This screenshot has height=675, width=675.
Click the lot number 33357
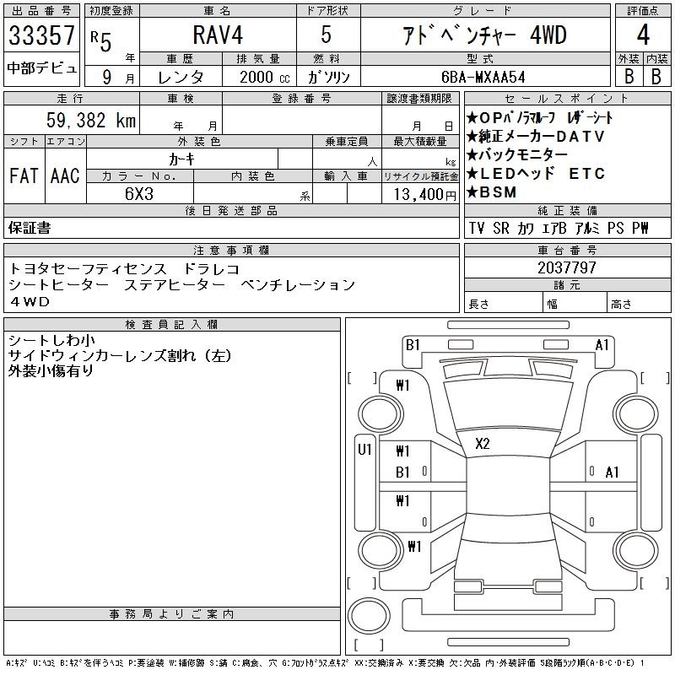[41, 35]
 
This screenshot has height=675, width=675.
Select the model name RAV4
[218, 35]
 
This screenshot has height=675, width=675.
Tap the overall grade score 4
[643, 35]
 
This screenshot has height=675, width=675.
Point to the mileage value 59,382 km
[91, 120]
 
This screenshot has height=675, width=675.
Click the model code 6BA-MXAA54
[483, 77]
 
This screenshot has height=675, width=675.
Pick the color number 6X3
[139, 194]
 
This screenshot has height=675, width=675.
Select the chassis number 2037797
[567, 267]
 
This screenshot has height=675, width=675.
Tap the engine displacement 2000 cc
[265, 77]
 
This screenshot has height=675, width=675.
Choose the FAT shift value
[24, 175]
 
